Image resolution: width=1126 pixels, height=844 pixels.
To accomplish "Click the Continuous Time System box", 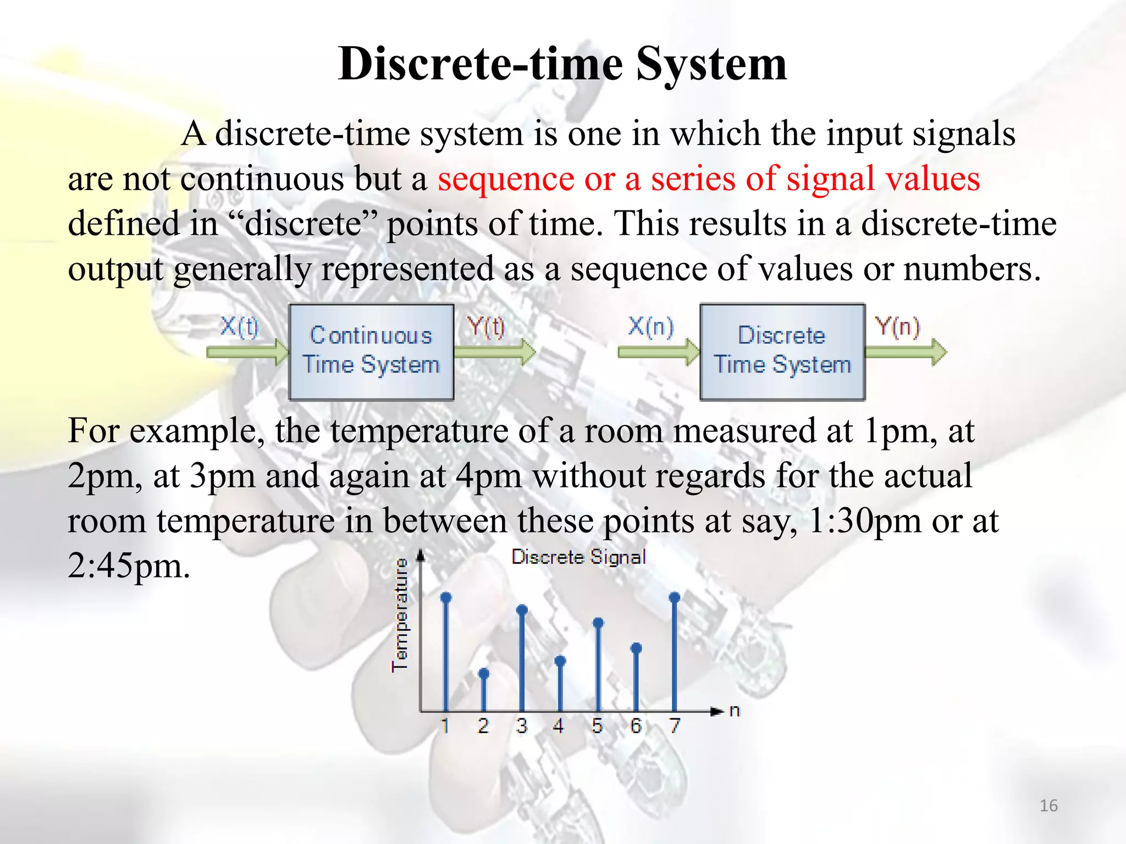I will click(x=371, y=352).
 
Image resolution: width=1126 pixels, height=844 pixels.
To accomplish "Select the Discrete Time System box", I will click(x=782, y=352).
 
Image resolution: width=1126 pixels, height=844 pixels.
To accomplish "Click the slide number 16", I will click(x=1048, y=806).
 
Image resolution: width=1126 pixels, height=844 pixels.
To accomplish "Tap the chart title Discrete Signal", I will click(x=578, y=557).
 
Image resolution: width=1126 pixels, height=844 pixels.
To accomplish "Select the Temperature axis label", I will click(x=400, y=615).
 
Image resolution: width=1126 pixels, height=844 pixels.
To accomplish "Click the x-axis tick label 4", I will click(x=559, y=726).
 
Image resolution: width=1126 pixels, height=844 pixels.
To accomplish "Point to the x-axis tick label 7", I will click(x=675, y=726).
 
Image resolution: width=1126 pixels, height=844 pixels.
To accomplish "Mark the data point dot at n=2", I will click(x=484, y=673).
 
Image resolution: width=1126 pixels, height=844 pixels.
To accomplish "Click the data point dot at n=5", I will click(x=598, y=623).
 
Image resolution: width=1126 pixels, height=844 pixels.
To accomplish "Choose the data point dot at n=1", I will click(x=446, y=597).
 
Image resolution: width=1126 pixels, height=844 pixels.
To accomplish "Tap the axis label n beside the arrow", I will click(x=735, y=711).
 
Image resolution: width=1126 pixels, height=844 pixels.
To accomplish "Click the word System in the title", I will click(x=711, y=64).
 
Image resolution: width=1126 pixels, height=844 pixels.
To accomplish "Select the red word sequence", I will click(x=505, y=179).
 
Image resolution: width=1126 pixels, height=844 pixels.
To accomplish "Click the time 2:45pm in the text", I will click(x=129, y=566).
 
